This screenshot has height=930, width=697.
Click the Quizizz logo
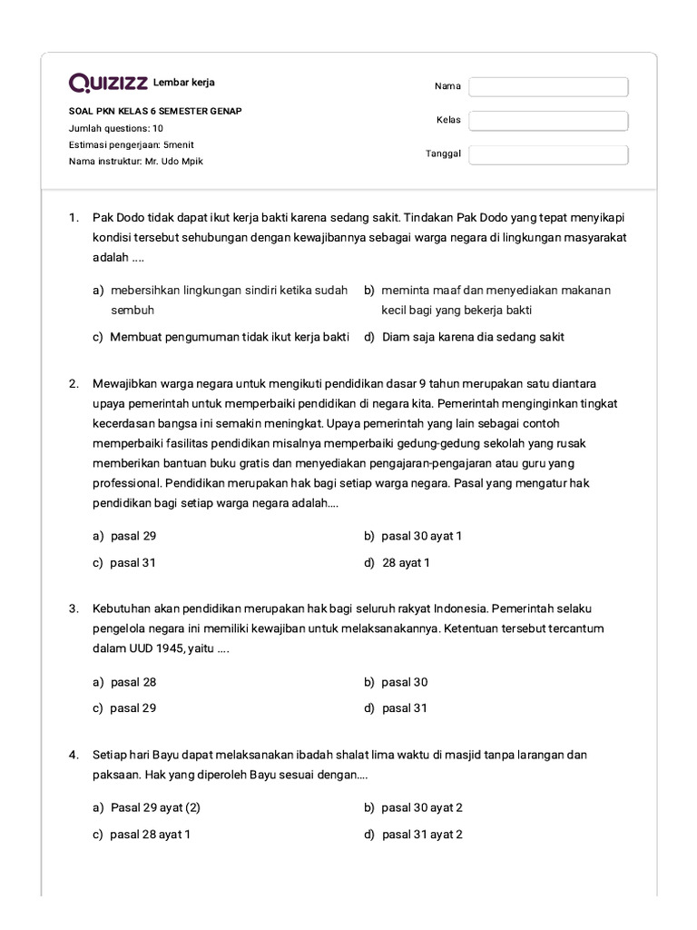(x=109, y=84)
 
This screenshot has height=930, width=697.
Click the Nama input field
(x=548, y=87)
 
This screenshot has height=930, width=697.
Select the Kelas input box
(x=548, y=121)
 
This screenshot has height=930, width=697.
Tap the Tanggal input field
(x=548, y=154)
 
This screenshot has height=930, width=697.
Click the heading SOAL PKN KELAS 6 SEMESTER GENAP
(x=155, y=112)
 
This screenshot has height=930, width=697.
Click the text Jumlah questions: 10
(x=116, y=128)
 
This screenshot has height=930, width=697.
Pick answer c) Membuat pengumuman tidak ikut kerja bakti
(x=229, y=337)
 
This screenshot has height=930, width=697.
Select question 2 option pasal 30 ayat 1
(x=421, y=536)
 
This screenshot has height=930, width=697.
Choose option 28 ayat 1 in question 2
(x=406, y=563)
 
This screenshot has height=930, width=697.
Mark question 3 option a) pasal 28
(x=133, y=682)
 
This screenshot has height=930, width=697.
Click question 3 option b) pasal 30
(x=404, y=682)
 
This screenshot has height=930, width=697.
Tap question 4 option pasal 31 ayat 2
(x=422, y=835)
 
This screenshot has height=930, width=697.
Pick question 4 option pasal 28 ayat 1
(x=150, y=835)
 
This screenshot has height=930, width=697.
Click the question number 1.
(x=74, y=218)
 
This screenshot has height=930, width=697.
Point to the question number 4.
(x=74, y=755)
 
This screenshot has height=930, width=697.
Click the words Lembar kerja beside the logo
(x=184, y=83)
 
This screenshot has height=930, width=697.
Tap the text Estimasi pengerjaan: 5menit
(x=132, y=144)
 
